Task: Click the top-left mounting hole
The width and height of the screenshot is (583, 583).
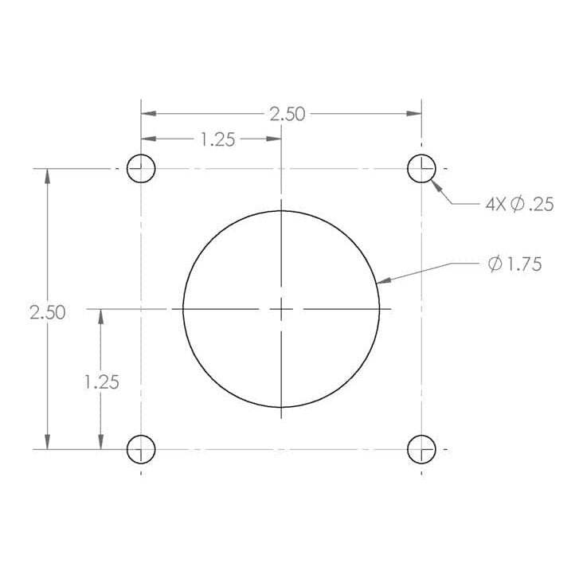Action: [141, 169]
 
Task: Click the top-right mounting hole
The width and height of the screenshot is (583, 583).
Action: [421, 169]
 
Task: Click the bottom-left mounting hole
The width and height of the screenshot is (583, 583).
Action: [141, 449]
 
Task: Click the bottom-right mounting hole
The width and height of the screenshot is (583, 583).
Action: [421, 449]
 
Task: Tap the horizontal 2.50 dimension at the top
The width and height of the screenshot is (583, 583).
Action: [287, 114]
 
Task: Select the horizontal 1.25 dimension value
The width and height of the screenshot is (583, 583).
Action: [217, 139]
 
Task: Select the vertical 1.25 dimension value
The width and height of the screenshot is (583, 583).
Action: [101, 381]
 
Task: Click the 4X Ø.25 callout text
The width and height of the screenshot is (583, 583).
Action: [519, 205]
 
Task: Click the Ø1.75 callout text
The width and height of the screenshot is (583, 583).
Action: [515, 264]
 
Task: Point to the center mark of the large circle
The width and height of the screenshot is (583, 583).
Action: [281, 308]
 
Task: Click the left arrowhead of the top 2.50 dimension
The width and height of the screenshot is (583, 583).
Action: [148, 114]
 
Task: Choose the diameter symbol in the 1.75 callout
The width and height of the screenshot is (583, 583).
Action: [494, 264]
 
